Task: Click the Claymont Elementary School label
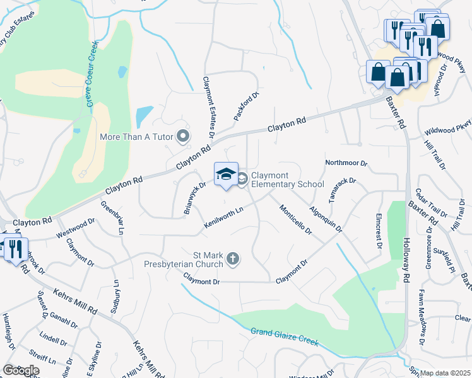(287, 180)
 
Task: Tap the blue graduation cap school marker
(225, 175)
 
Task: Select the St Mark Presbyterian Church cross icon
(233, 258)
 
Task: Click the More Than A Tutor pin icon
(183, 136)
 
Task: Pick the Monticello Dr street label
(295, 220)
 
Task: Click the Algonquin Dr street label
(326, 218)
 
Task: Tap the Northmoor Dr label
(346, 163)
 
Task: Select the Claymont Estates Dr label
(208, 107)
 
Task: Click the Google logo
(21, 370)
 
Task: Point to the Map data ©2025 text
(445, 373)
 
